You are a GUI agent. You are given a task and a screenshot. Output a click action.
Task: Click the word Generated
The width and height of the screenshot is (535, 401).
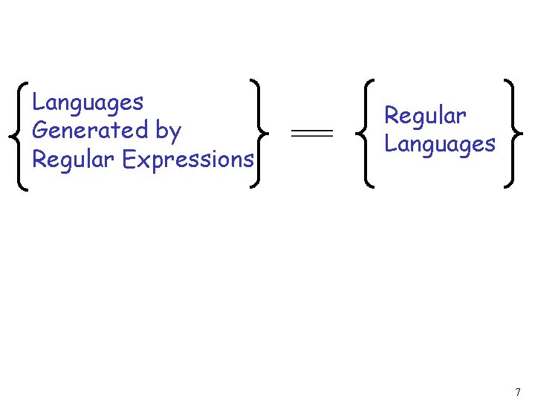click(x=91, y=131)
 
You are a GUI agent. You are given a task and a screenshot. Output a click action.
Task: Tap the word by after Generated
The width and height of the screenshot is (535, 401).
click(x=169, y=132)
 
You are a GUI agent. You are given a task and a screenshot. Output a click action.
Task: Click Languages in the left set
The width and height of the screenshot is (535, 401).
click(x=88, y=103)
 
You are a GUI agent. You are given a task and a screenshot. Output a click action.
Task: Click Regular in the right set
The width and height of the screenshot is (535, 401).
click(x=425, y=117)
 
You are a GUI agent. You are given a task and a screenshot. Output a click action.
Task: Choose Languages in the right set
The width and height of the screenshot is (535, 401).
click(x=439, y=145)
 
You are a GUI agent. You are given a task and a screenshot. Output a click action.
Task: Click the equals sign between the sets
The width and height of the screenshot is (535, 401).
click(x=311, y=133)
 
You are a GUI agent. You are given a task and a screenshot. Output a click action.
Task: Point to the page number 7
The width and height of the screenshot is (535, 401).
click(x=518, y=392)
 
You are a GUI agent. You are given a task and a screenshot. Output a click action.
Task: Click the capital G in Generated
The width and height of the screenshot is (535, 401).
click(x=41, y=131)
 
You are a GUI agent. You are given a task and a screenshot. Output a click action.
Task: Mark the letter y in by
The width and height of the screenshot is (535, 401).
click(x=175, y=134)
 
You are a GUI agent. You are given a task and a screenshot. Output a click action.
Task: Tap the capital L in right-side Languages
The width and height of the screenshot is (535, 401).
click(x=390, y=143)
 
